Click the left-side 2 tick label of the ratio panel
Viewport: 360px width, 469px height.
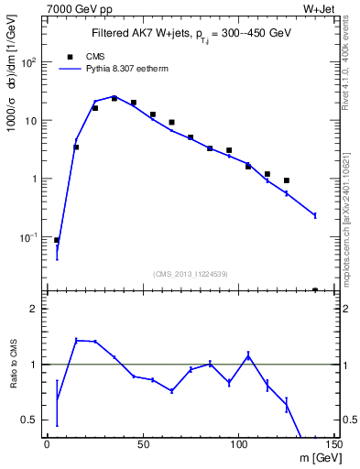[x=34, y=309]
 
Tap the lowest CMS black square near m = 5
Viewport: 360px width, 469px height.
[x=57, y=240]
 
